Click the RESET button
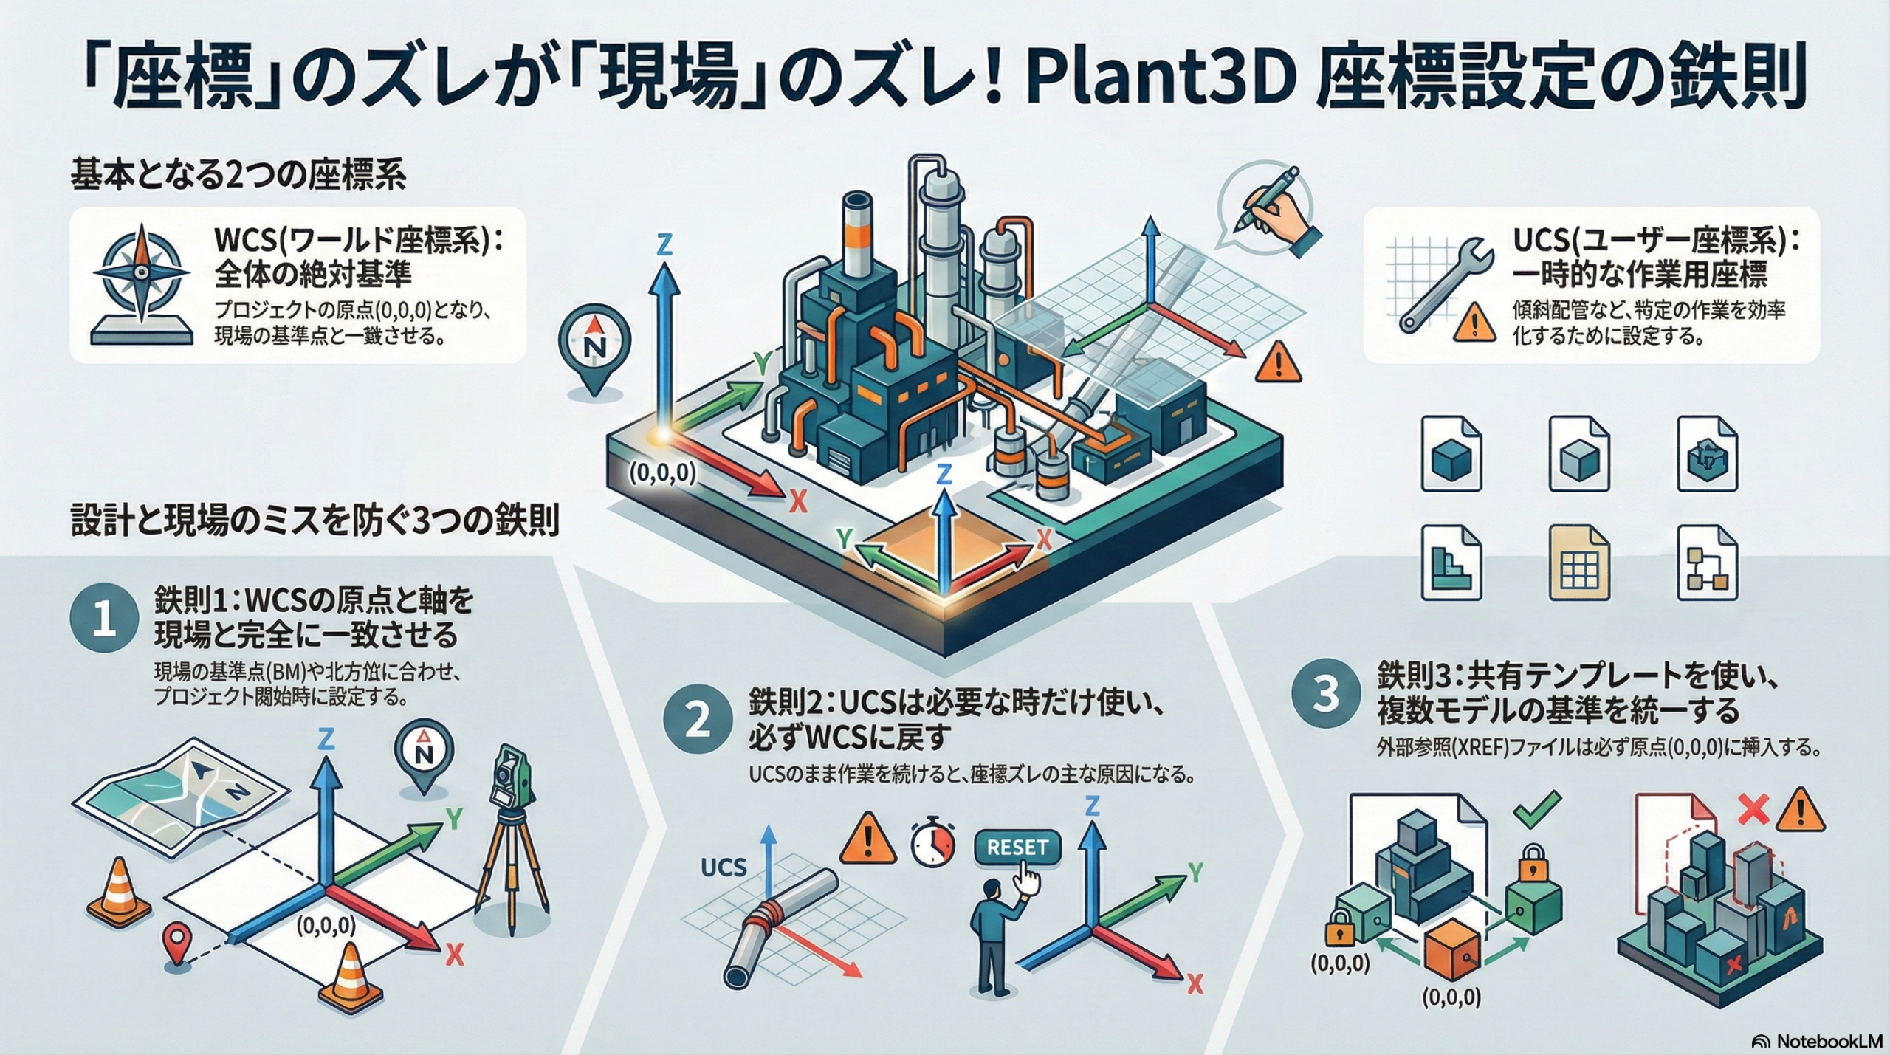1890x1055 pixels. pyautogui.click(x=1017, y=848)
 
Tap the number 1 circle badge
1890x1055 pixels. pyautogui.click(x=103, y=621)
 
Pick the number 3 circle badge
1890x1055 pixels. pyautogui.click(x=1326, y=695)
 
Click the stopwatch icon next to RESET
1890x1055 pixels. pyautogui.click(x=933, y=843)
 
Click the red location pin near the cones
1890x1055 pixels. pyautogui.click(x=176, y=941)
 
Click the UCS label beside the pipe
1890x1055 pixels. pyautogui.click(x=724, y=866)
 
